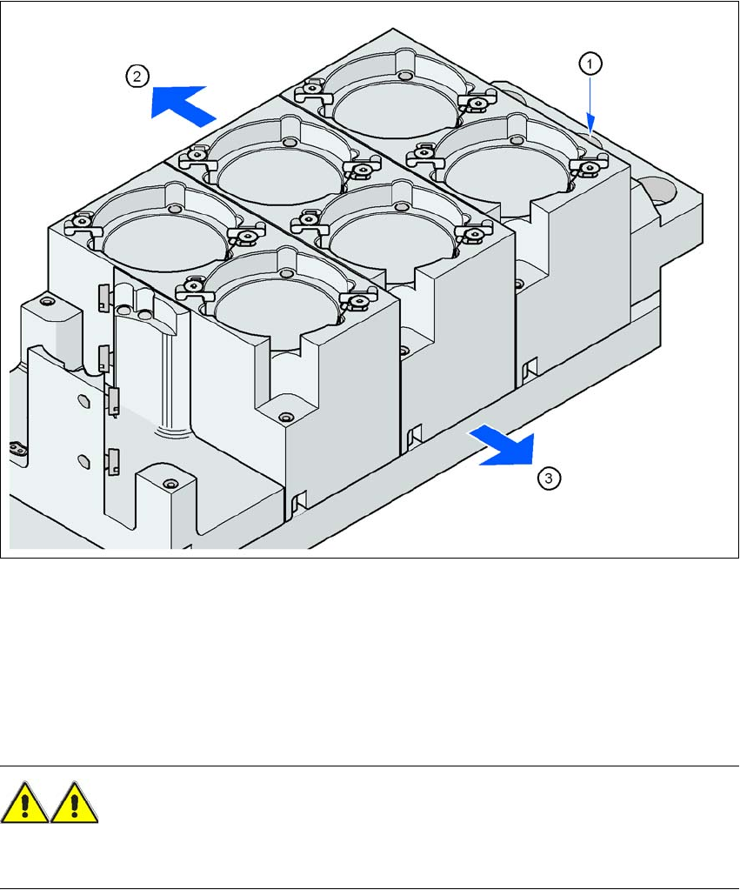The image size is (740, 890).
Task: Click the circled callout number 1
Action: [x=590, y=64]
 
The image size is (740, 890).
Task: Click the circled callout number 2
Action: [x=137, y=76]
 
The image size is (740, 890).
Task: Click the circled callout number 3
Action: [x=549, y=478]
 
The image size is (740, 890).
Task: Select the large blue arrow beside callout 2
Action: [x=183, y=104]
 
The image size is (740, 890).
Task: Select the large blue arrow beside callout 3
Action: [x=503, y=445]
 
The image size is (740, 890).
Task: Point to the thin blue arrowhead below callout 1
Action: [x=590, y=125]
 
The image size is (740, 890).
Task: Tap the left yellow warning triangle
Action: [x=24, y=803]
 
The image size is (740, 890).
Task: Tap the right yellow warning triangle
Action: [x=74, y=803]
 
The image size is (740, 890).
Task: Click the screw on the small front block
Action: [x=168, y=485]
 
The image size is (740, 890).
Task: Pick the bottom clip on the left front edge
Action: [x=113, y=461]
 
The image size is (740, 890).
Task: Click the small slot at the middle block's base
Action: [x=415, y=433]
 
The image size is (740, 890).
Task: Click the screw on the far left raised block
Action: [x=45, y=301]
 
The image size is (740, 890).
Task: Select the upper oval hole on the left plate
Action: [x=83, y=401]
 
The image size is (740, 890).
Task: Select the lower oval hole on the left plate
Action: [x=84, y=460]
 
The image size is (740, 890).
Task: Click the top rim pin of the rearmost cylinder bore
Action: [x=404, y=76]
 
